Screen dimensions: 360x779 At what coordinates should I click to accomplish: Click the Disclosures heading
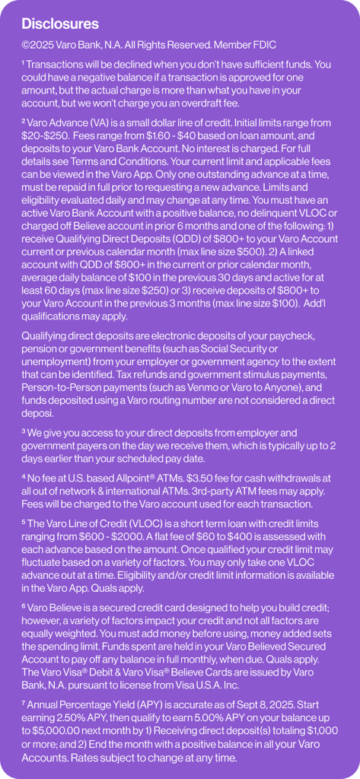click(60, 24)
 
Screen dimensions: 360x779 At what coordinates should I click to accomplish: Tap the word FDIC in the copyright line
click(263, 46)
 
